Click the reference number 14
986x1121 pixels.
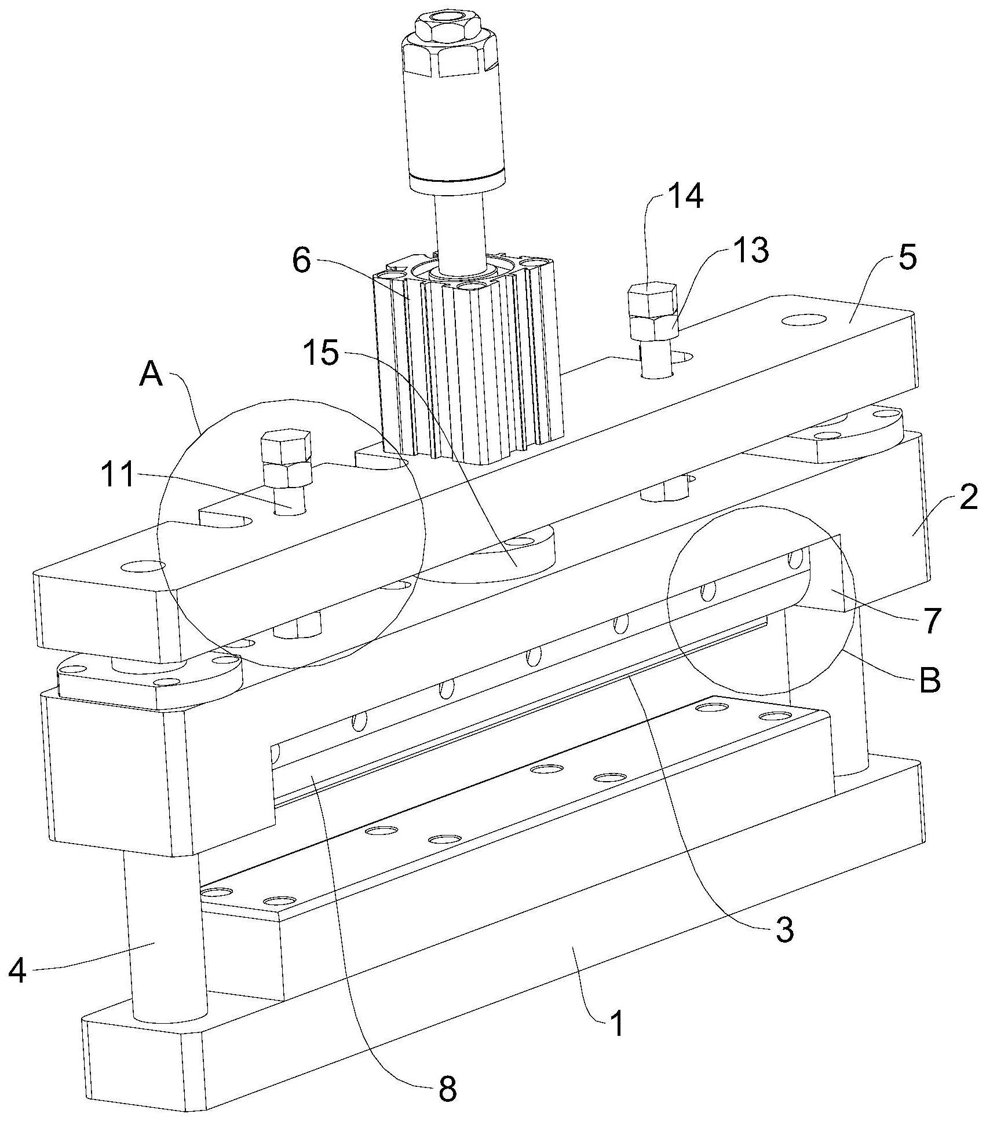pyautogui.click(x=684, y=197)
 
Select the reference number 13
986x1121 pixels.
pyautogui.click(x=750, y=250)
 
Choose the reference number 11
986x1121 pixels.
pyautogui.click(x=118, y=476)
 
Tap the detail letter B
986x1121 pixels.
pyautogui.click(x=929, y=681)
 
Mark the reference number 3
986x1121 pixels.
pyautogui.click(x=783, y=947)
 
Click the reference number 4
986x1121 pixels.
pyautogui.click(x=18, y=970)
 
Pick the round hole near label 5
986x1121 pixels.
pyautogui.click(x=804, y=320)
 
